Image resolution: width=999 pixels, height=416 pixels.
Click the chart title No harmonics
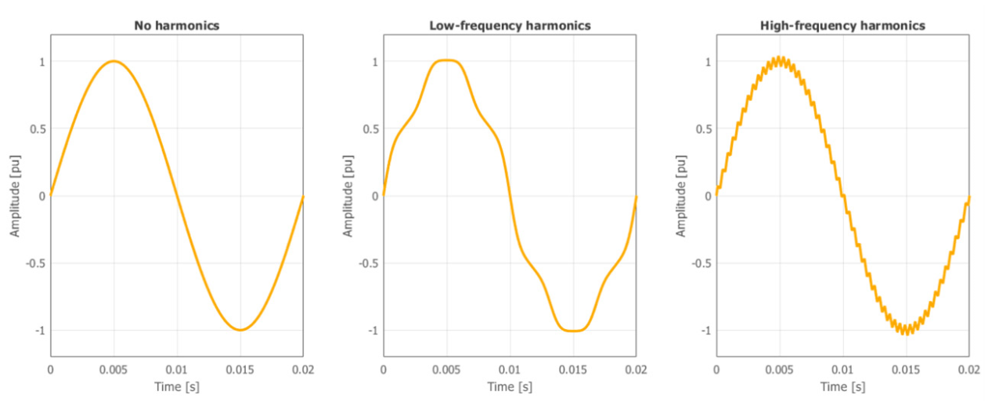tap(176, 26)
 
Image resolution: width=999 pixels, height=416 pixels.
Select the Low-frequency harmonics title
tap(510, 26)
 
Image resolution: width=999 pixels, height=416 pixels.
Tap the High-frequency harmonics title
tap(842, 26)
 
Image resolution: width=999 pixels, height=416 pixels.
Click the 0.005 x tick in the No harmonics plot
tap(114, 367)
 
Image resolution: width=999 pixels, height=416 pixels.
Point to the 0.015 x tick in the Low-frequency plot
tap(573, 367)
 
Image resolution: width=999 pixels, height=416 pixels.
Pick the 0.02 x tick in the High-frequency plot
tap(968, 367)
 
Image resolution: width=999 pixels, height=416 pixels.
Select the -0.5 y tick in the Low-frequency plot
tap(366, 263)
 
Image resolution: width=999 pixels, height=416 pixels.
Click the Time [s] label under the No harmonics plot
tap(176, 387)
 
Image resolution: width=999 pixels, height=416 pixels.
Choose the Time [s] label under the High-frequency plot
tap(842, 387)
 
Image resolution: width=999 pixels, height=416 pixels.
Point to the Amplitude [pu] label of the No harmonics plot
tap(13, 196)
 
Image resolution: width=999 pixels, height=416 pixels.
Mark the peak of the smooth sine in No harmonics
tap(114, 61)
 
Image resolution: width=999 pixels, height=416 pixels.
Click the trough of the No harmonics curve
tap(240, 330)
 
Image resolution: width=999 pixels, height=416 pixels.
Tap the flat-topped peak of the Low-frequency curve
tap(446, 60)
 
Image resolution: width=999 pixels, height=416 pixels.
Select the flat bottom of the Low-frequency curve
tap(573, 331)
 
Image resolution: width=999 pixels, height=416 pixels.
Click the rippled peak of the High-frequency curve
tap(780, 60)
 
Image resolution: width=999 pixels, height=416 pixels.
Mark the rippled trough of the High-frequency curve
tap(906, 331)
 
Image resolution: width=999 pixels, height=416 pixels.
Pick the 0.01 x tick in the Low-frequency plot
tap(510, 367)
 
